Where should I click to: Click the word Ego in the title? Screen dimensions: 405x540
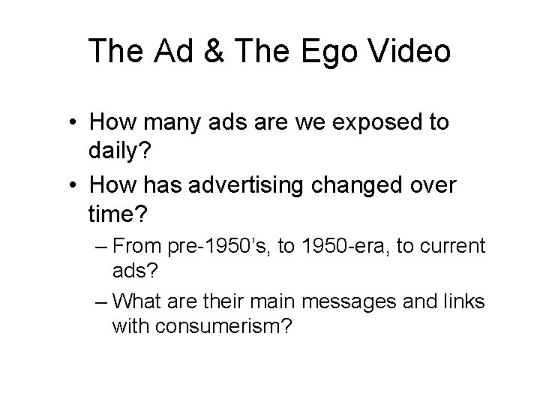tap(318, 51)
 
